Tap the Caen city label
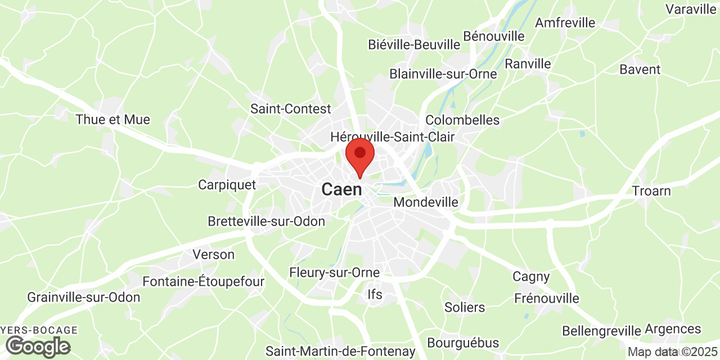341,190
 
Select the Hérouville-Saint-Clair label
392,137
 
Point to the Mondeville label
426,202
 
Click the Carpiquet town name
227,184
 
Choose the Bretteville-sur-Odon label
266,221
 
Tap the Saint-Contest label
291,109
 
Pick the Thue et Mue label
112,119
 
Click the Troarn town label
651,191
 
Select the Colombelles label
462,120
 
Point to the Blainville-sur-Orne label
443,74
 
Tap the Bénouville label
493,36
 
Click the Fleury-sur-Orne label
334,272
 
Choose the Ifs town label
374,294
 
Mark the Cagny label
531,276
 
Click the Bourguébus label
463,343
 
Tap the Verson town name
213,254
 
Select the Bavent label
640,69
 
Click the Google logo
38,346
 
